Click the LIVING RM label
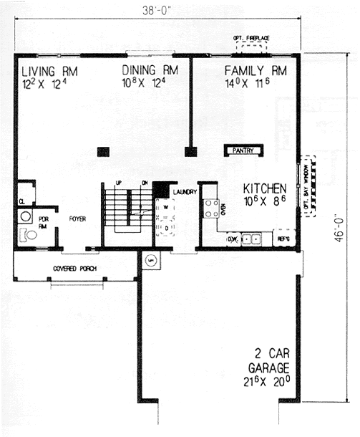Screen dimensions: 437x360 [49, 71]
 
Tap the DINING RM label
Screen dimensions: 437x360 [150, 71]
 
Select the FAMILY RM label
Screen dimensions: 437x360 [256, 71]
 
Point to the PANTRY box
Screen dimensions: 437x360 [243, 150]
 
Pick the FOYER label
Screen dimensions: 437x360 [77, 219]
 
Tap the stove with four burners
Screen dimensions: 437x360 [212, 208]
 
